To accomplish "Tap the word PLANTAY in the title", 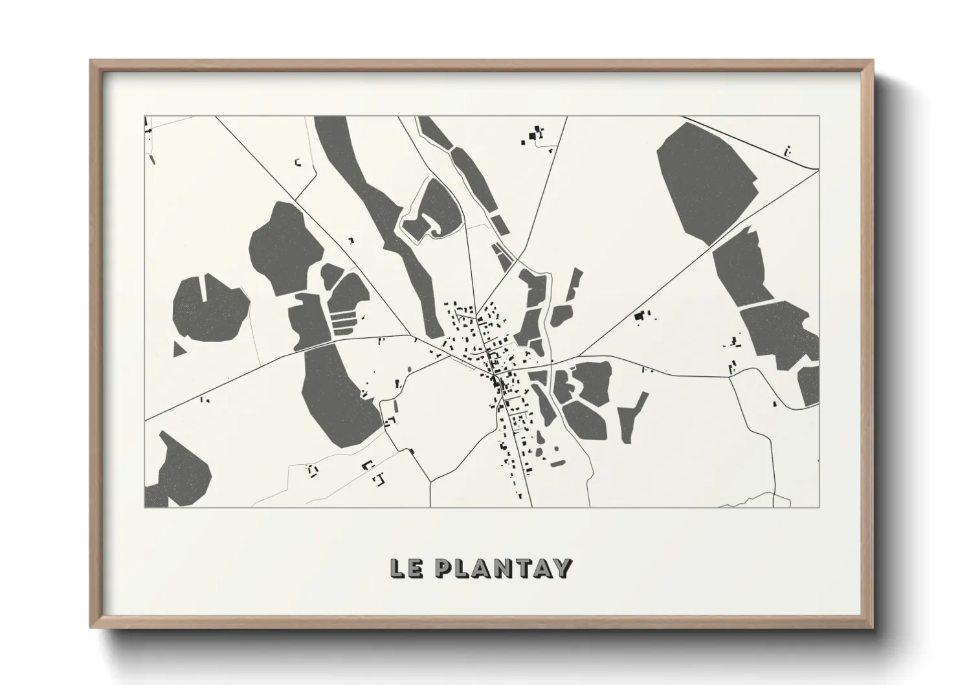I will coord(502,568).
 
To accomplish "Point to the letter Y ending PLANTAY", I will coord(562,568).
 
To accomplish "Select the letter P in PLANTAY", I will coord(444,568).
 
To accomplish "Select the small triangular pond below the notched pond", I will coord(179,349).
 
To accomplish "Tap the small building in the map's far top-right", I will coord(787,152).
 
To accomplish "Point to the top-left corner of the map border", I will coord(145,117).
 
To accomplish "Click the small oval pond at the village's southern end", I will coord(557,463).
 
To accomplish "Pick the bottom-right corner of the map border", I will coord(819,507).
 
